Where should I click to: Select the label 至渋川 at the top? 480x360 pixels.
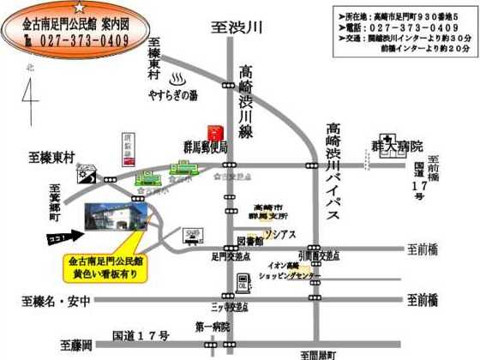point(236,27)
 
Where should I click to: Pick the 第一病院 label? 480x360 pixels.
point(213,327)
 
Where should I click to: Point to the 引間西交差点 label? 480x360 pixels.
point(317,255)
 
